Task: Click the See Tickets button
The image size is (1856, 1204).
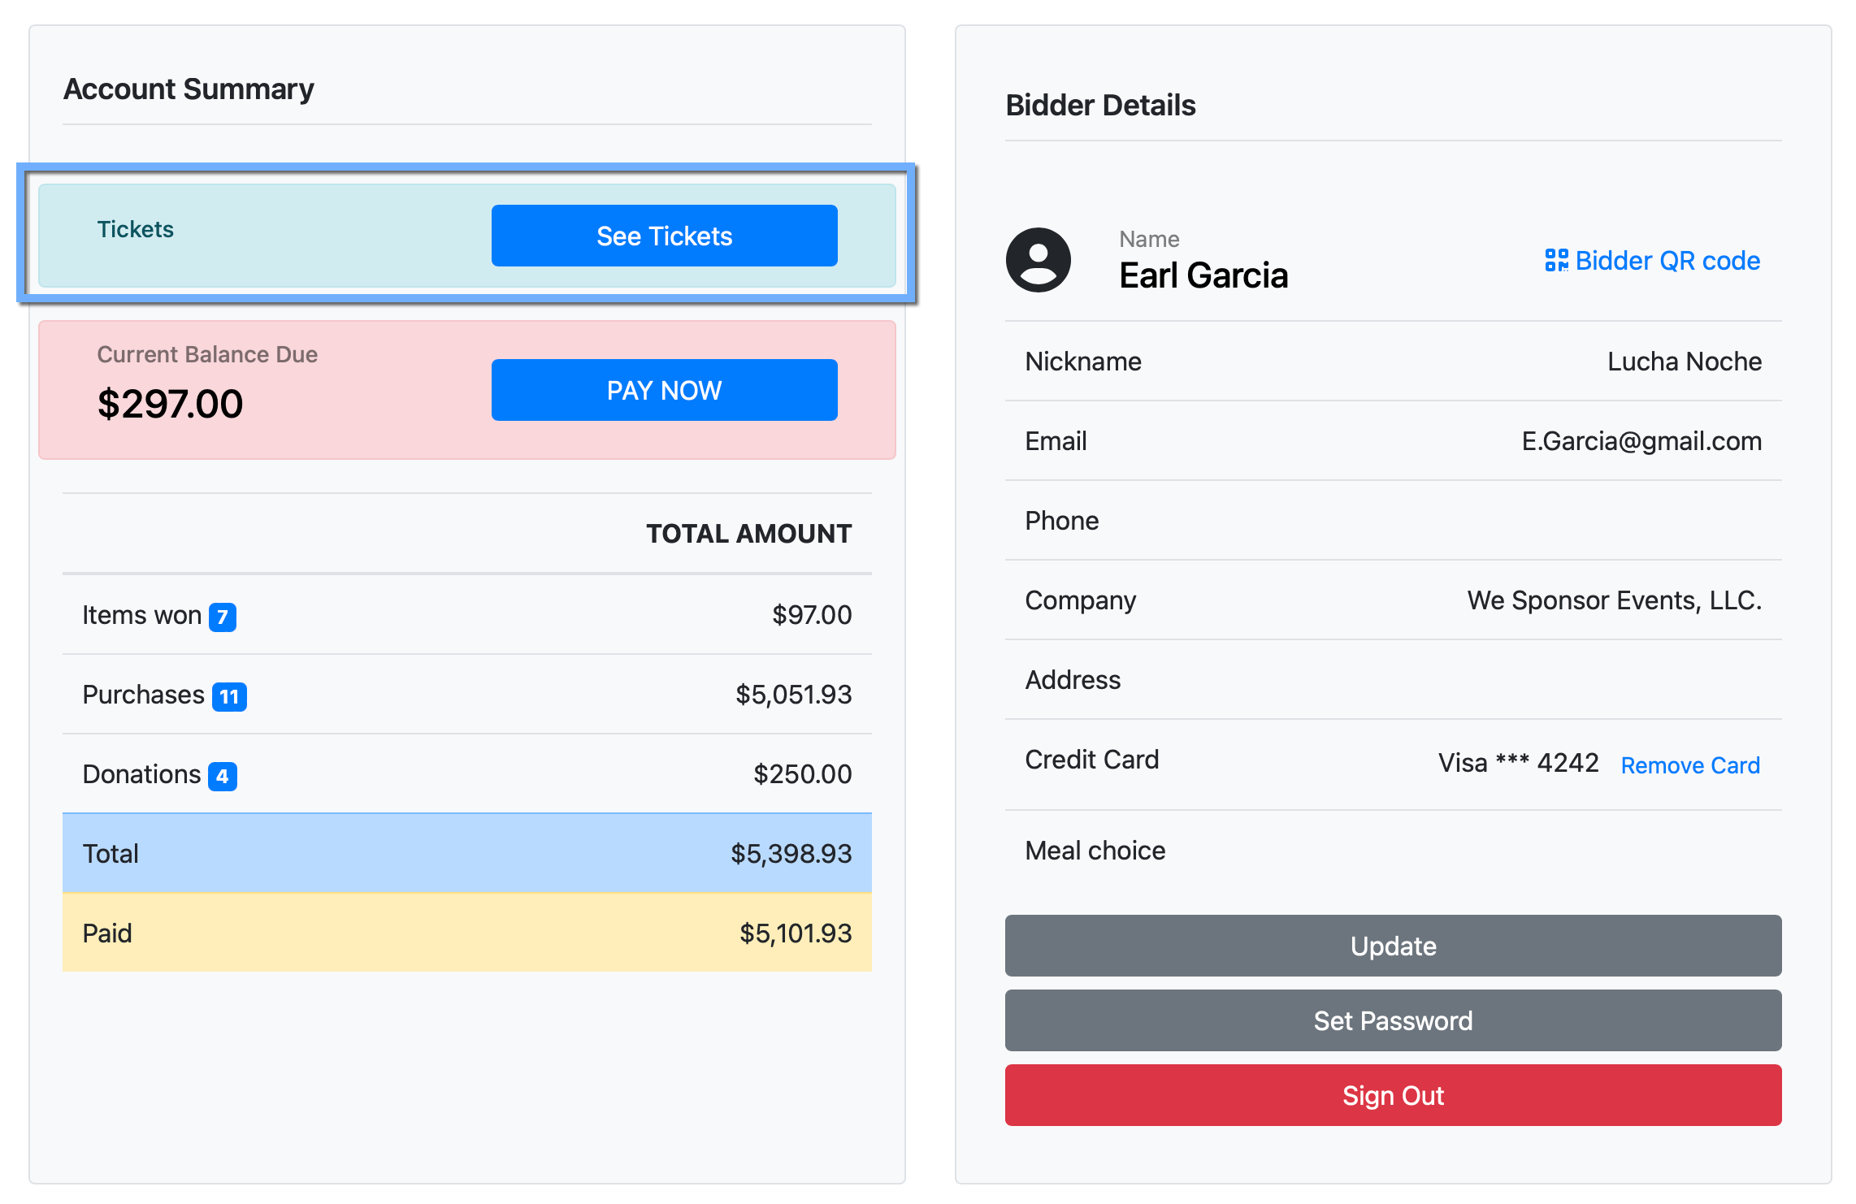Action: click(664, 236)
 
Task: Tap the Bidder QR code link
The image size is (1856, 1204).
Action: click(1653, 261)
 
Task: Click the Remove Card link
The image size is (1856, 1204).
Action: click(1690, 765)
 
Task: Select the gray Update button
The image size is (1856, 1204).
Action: click(1393, 946)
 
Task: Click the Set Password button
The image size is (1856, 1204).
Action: click(1393, 1020)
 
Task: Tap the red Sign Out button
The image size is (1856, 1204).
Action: click(1393, 1095)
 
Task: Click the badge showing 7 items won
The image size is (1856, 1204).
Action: click(223, 617)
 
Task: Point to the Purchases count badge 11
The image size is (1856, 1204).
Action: click(229, 696)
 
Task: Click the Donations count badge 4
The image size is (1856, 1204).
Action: click(223, 776)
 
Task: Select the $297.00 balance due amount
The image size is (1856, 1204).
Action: click(170, 404)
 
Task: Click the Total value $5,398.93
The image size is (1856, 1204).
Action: click(791, 853)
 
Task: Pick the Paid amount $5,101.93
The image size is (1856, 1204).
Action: click(795, 933)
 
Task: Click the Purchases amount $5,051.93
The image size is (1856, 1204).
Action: click(793, 695)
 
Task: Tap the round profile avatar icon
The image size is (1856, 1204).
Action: click(1038, 260)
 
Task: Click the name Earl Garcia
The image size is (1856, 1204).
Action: click(1203, 275)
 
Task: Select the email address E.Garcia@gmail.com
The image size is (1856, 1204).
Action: click(1641, 441)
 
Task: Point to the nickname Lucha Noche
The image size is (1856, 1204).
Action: click(1685, 362)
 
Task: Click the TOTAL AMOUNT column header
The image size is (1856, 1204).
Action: click(748, 534)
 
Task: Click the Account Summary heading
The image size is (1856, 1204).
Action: click(189, 89)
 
